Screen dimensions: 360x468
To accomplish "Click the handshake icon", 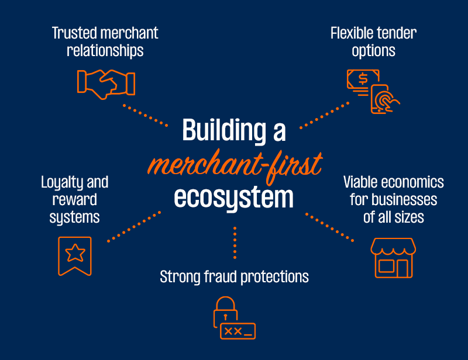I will coord(106,82).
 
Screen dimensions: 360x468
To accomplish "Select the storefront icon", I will coord(393,257).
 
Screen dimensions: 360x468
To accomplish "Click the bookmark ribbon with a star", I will coord(75,256).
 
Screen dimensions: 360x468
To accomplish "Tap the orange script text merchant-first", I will coord(234,164).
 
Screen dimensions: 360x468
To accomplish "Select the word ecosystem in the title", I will coord(234,197).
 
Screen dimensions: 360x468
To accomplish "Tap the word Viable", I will coord(363,182).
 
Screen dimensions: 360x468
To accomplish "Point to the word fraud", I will coord(220,276).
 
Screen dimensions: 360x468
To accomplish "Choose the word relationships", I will coord(105,50).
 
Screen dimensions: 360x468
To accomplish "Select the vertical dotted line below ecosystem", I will coord(234,242).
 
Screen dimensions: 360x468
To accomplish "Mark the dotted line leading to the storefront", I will coord(330,227).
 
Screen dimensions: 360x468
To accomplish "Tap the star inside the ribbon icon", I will coord(75,253).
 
